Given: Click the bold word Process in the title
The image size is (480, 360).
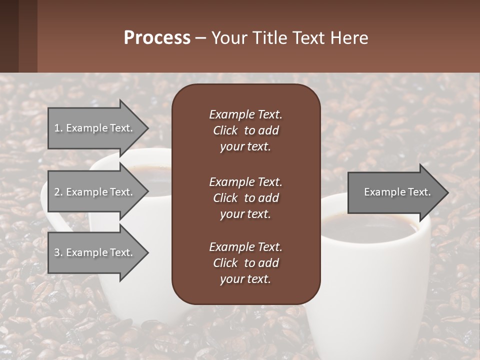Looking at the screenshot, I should click(x=157, y=38).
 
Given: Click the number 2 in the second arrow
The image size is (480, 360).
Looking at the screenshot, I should click(x=57, y=192).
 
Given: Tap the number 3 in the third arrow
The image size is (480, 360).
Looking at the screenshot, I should click(x=57, y=252).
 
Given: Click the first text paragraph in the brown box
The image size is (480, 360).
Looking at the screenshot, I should click(x=245, y=130).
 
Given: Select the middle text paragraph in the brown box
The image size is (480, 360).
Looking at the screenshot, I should click(x=245, y=198).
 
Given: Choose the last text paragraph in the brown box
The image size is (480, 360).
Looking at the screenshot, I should click(x=245, y=263).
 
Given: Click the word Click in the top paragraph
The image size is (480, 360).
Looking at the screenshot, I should click(x=225, y=130).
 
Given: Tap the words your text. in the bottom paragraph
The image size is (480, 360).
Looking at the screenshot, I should click(x=245, y=279).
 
